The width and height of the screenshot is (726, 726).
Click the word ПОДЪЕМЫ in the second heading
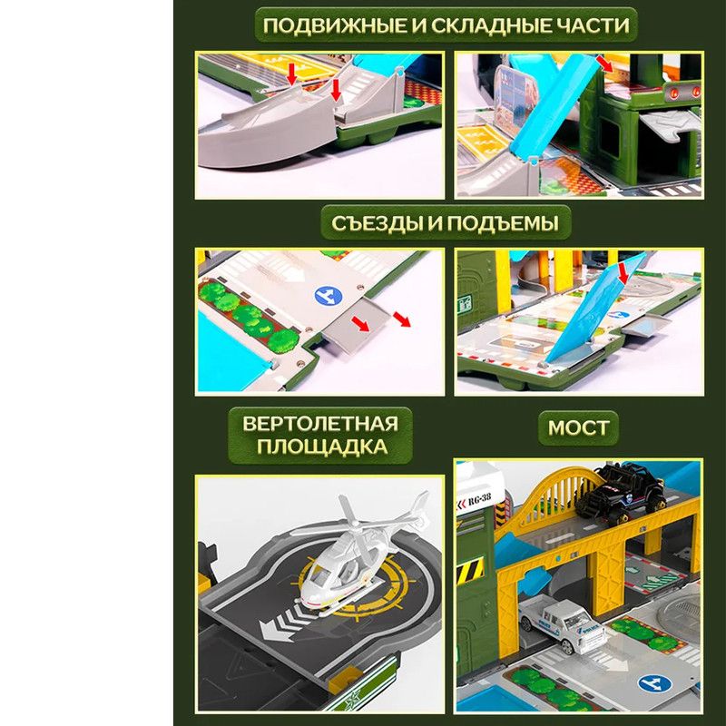point(503,223)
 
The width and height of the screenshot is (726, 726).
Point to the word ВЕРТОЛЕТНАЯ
point(320,424)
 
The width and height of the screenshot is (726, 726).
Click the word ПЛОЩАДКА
point(322,446)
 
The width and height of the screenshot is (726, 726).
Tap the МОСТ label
point(578,427)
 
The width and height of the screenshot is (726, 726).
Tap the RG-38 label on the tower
point(479,499)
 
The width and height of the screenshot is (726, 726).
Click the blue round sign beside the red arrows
point(329,296)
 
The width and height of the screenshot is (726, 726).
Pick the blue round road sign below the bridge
point(654,683)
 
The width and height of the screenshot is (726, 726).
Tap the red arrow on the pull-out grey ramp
point(360,324)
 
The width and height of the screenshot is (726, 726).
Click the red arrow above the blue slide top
point(603,64)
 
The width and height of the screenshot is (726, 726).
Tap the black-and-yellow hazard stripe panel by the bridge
point(471,571)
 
